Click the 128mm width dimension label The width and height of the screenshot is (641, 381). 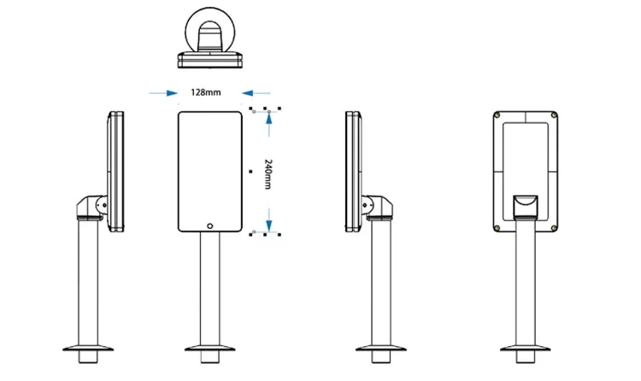205,92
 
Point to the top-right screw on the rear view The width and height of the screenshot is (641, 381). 557,115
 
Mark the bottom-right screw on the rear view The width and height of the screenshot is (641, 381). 557,226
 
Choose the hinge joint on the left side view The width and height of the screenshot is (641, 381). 93,208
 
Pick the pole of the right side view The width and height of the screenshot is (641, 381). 382,282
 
